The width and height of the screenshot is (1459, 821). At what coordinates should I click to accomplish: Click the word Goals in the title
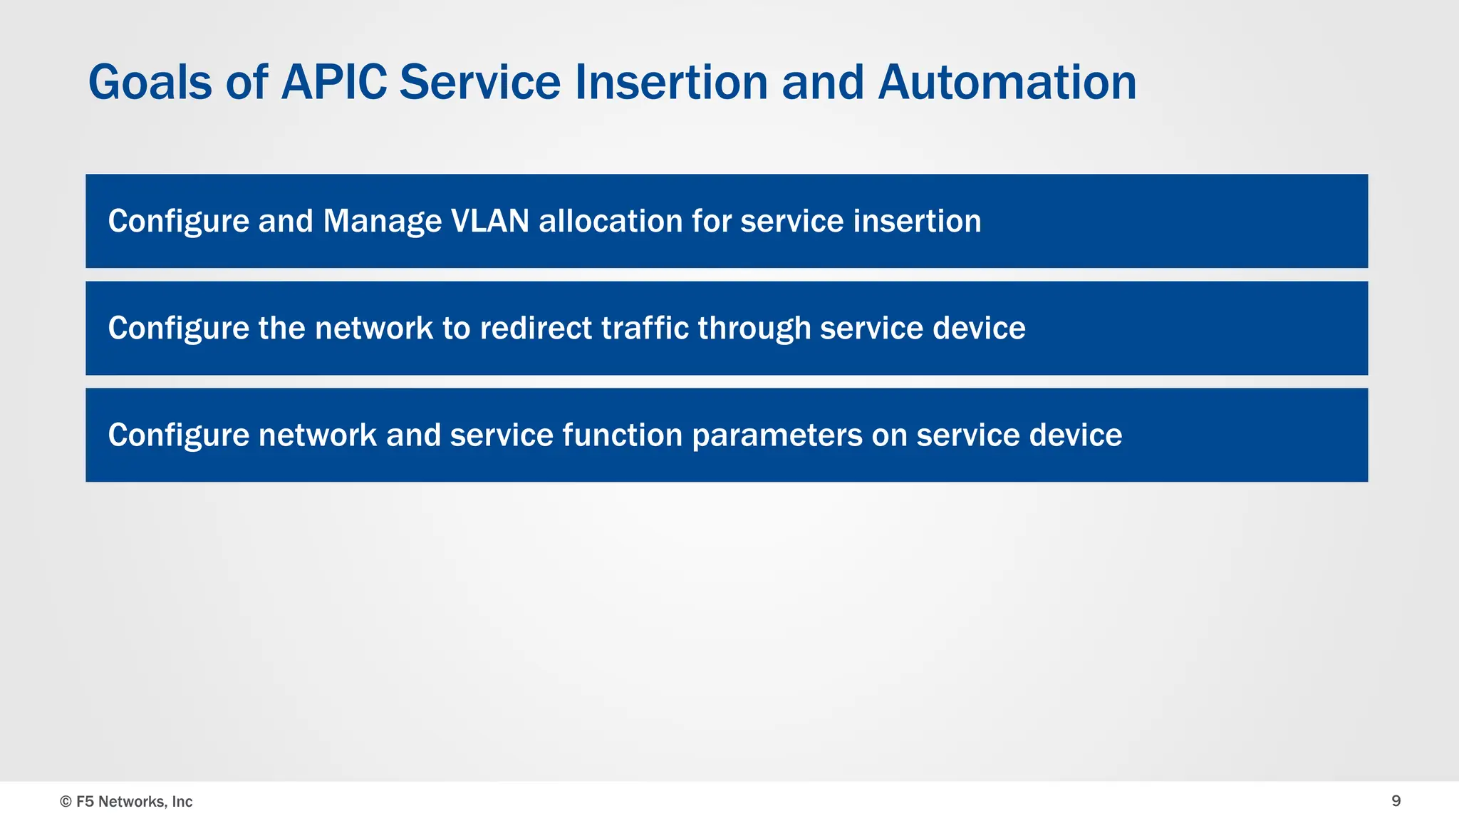pyautogui.click(x=150, y=83)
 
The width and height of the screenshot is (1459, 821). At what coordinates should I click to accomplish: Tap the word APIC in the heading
pyautogui.click(x=333, y=83)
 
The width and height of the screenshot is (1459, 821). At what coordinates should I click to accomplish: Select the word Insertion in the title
pyautogui.click(x=672, y=83)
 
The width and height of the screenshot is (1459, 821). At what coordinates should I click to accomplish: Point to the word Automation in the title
pyautogui.click(x=1007, y=83)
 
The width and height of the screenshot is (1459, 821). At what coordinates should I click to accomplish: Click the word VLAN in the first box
pyautogui.click(x=490, y=221)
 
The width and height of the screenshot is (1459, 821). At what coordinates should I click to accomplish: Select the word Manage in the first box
pyautogui.click(x=382, y=221)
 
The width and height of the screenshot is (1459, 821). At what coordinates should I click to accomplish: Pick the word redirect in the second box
pyautogui.click(x=536, y=329)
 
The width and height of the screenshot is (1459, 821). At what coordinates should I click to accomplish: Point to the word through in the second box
pyautogui.click(x=754, y=329)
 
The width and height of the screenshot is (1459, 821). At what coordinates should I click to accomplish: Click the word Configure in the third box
pyautogui.click(x=178, y=435)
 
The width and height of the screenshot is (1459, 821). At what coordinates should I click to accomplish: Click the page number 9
pyautogui.click(x=1396, y=801)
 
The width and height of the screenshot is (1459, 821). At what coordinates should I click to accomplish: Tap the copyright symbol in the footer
pyautogui.click(x=66, y=802)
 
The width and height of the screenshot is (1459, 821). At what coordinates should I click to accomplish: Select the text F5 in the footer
pyautogui.click(x=85, y=802)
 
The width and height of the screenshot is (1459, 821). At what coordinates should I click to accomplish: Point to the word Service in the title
pyautogui.click(x=479, y=83)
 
